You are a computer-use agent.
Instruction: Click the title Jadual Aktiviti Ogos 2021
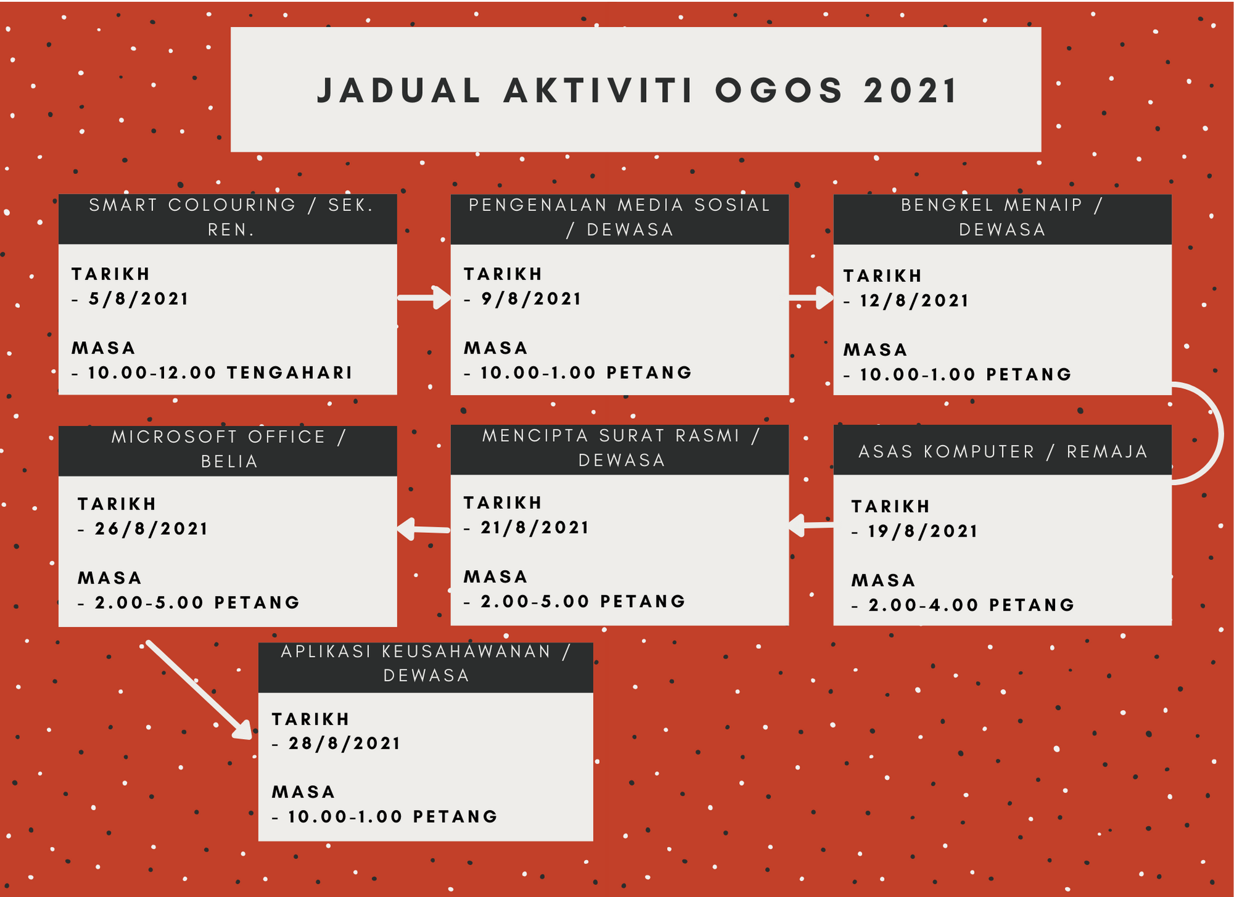(x=637, y=90)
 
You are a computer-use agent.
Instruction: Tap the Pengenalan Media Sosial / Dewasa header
(x=619, y=218)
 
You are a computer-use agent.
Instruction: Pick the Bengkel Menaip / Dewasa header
(x=1002, y=218)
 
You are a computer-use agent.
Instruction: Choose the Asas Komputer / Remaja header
(x=1002, y=451)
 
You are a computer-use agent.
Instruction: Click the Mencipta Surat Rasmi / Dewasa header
(x=619, y=448)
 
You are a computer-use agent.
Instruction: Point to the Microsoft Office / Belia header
(x=228, y=450)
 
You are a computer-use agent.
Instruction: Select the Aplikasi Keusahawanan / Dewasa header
(x=425, y=664)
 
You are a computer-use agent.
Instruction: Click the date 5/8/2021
(x=138, y=299)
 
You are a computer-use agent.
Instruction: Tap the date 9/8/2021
(x=531, y=299)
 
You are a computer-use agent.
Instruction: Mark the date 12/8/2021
(x=914, y=301)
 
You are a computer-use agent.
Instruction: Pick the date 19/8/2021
(x=922, y=532)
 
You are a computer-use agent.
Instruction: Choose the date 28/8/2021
(x=344, y=744)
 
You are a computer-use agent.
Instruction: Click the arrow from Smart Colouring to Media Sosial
(x=424, y=298)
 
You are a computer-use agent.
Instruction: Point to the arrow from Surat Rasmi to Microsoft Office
(x=424, y=529)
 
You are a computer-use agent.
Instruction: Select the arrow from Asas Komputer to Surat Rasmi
(x=811, y=525)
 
